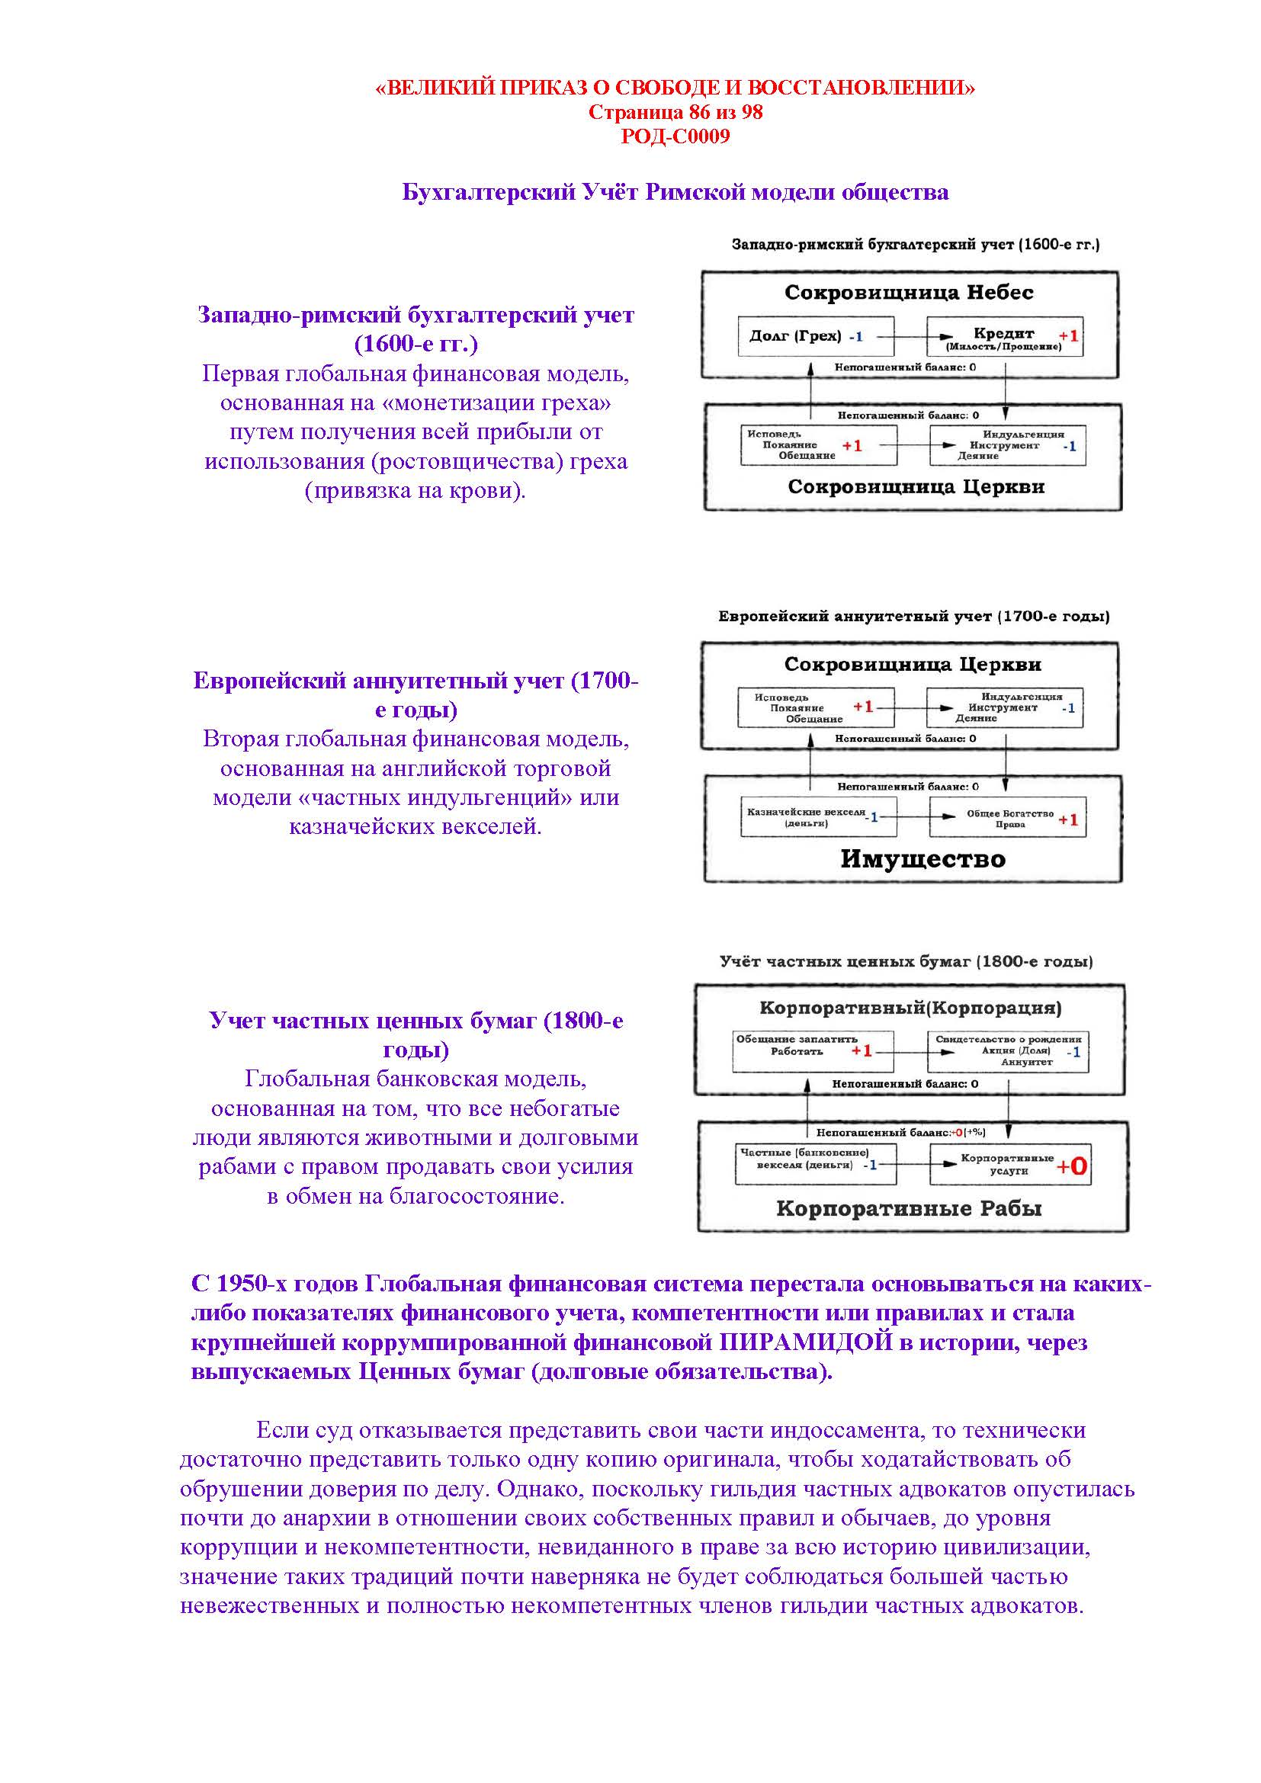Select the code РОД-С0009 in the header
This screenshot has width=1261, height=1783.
coord(675,136)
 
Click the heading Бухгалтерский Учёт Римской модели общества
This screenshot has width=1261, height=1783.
coord(675,192)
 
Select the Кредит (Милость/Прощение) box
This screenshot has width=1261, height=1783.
coord(1005,337)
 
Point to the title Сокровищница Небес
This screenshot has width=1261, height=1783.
coord(909,293)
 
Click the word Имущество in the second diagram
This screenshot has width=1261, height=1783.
coord(922,859)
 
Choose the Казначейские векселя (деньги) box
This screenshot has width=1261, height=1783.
coord(817,817)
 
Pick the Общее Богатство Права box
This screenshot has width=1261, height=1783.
coord(1007,819)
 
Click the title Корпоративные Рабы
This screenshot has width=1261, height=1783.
coord(909,1208)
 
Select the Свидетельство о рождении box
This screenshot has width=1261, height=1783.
coord(1008,1050)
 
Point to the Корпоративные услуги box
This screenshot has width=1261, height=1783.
coord(1009,1164)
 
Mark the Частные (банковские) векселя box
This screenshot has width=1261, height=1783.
coord(814,1163)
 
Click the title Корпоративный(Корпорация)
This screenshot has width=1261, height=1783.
coord(910,1008)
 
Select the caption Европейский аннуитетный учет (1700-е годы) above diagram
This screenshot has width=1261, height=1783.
coord(913,617)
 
